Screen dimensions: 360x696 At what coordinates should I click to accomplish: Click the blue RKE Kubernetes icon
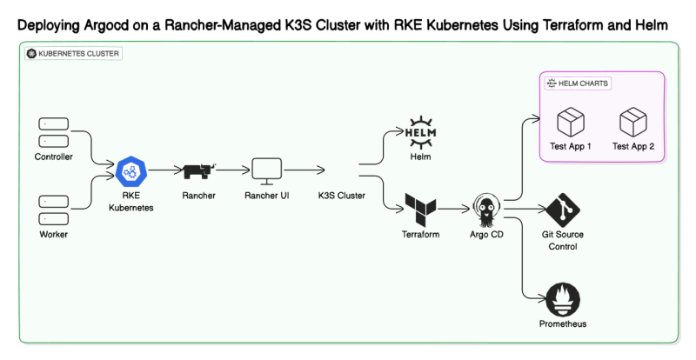pos(131,172)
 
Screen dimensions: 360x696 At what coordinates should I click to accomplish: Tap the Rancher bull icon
pos(198,171)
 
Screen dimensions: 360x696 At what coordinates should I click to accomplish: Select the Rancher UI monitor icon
pos(266,170)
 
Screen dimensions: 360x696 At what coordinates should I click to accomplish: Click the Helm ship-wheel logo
pos(421,131)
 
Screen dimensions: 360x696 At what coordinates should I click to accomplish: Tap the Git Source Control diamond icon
pos(563,210)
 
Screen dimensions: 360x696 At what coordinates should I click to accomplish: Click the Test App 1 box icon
pos(571,121)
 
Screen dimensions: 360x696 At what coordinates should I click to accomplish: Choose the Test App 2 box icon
pos(632,121)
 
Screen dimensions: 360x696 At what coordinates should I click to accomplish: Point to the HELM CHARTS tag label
pos(578,83)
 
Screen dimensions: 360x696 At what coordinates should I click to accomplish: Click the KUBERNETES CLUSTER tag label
pos(73,53)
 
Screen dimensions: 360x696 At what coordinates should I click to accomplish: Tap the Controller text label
pos(53,157)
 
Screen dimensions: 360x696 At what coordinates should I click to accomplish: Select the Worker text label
pos(53,235)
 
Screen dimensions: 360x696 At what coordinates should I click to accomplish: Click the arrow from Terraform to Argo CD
pos(453,210)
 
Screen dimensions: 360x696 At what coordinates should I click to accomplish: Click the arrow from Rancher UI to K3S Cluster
pos(304,171)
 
